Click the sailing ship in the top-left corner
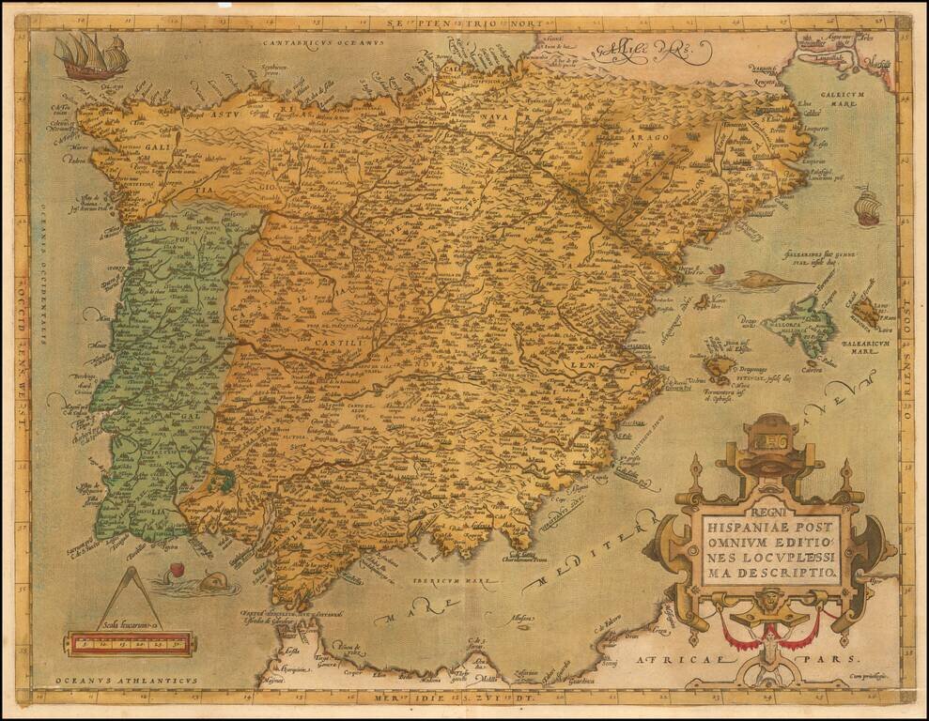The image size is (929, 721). (x=91, y=55)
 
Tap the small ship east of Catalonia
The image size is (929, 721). (x=867, y=206)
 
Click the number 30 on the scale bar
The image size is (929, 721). (x=175, y=644)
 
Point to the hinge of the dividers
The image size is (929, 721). (x=130, y=573)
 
